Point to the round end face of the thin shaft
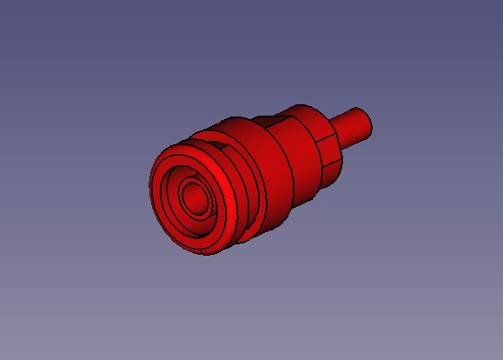[368, 123]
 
